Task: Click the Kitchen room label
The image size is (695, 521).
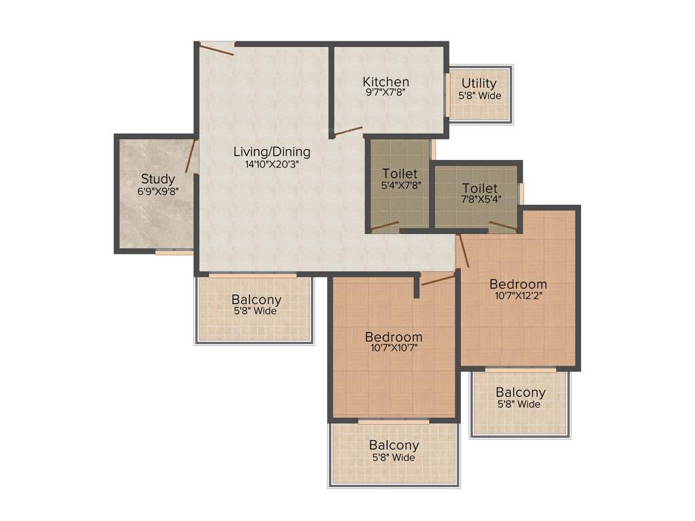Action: coord(386,82)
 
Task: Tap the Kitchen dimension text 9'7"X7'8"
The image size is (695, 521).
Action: coord(386,94)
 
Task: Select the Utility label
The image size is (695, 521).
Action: coord(479,83)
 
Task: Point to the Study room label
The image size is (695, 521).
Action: coord(157,179)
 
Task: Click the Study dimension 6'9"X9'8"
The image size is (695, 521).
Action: coord(157,191)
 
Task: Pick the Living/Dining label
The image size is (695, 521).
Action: coord(271,151)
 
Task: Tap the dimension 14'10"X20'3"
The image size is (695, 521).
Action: coord(271,163)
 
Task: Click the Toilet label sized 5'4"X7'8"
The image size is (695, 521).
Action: coord(400,174)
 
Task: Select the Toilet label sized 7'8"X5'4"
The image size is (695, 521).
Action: coord(480,188)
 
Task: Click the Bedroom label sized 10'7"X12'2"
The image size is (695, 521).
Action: coord(519,284)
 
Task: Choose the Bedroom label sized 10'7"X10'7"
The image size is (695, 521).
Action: coord(394,336)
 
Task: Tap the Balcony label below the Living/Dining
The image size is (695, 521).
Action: coord(257,299)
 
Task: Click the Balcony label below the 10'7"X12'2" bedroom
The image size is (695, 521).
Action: coord(521,392)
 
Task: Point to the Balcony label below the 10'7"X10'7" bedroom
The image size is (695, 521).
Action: coord(394,445)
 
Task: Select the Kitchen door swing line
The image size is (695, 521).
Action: coord(348,131)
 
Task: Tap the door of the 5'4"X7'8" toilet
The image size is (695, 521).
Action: coord(385,227)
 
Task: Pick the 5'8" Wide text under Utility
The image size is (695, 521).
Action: coord(479,96)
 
